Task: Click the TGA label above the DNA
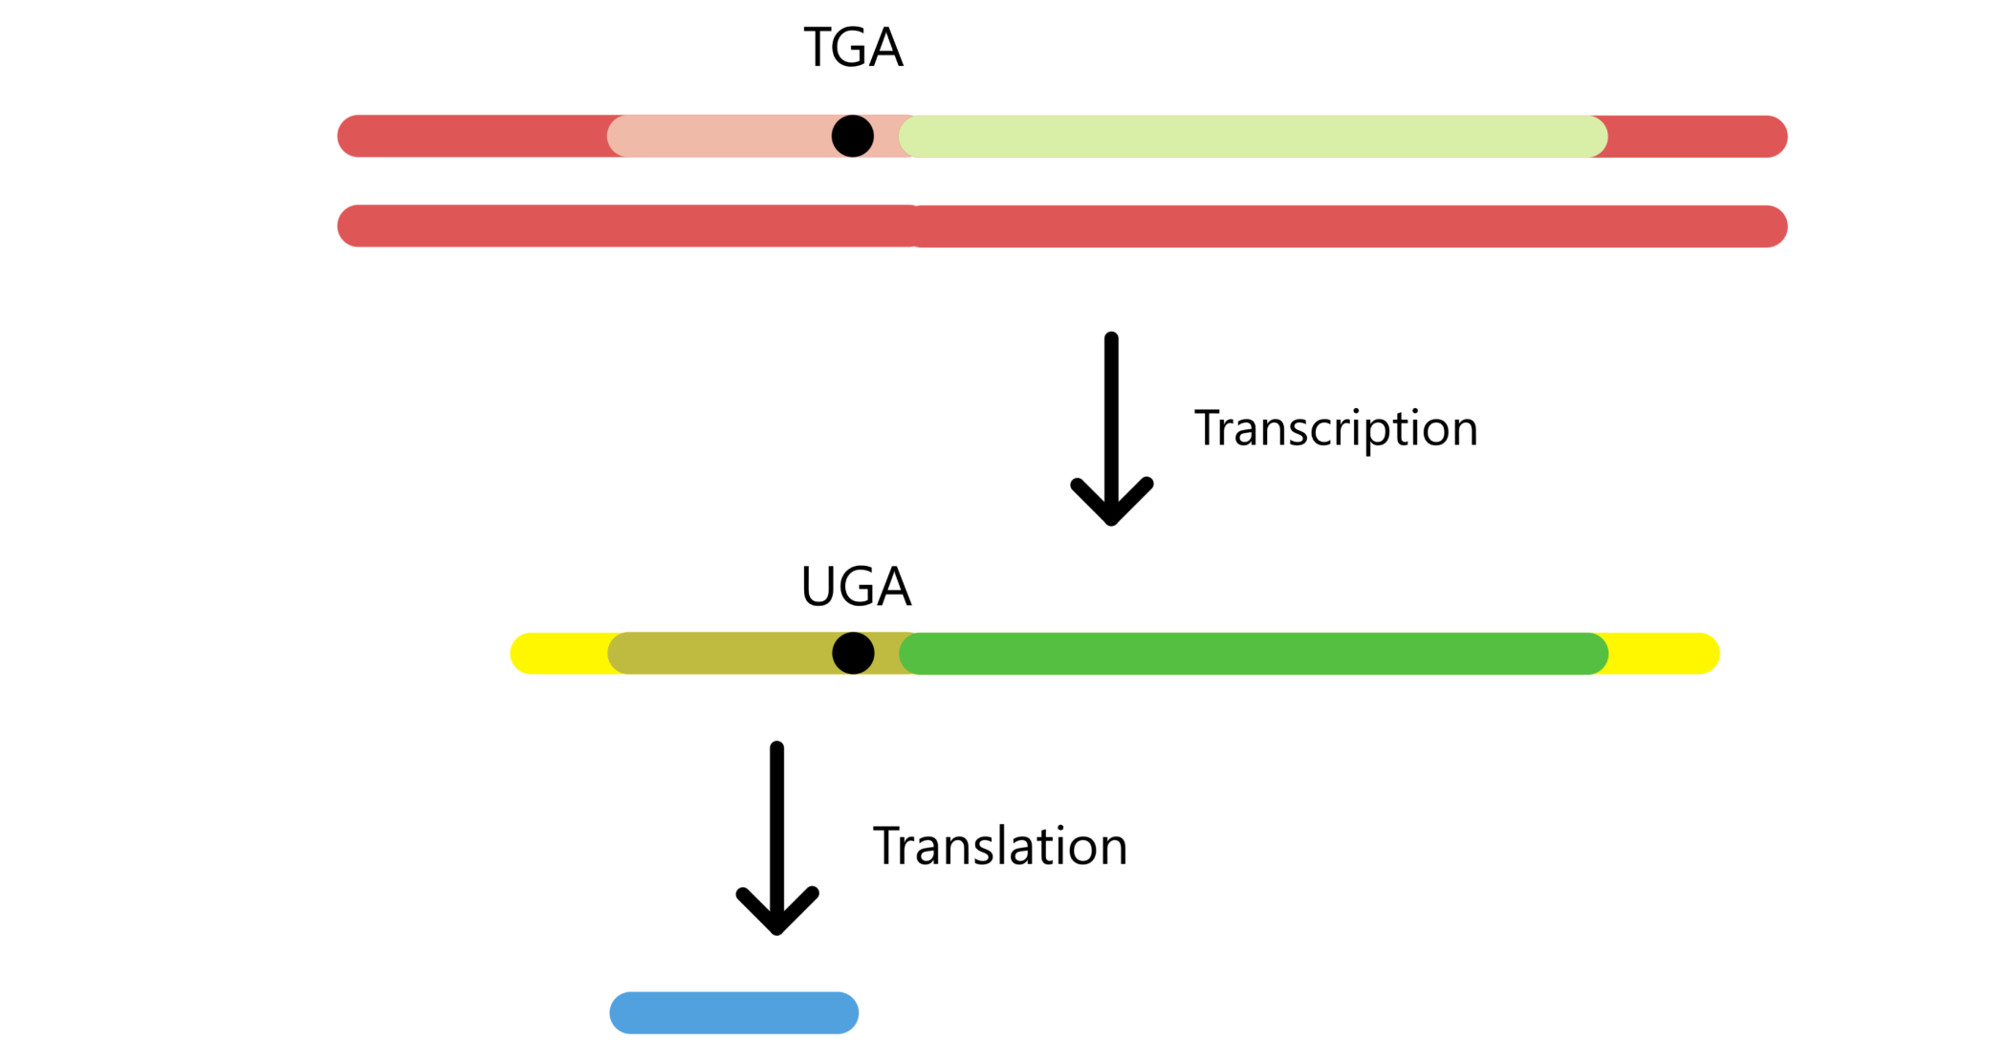[x=853, y=48]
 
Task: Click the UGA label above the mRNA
[x=856, y=587]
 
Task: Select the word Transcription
[x=1336, y=428]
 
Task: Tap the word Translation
[x=1000, y=847]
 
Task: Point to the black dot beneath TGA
[x=853, y=137]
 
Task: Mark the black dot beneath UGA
[x=853, y=654]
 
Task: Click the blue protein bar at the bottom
[x=734, y=1013]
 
